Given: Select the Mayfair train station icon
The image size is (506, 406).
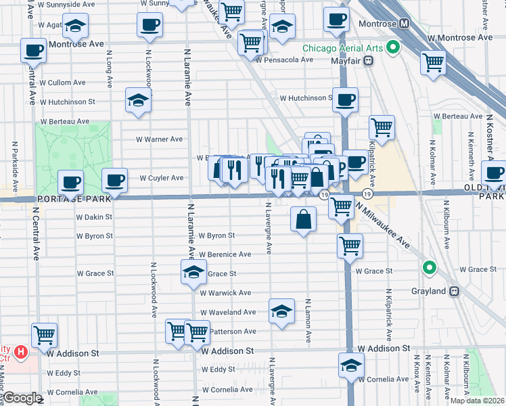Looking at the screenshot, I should (369, 60).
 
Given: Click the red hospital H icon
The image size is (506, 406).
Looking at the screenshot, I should (21, 352).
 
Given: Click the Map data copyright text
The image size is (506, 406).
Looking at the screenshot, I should (476, 401).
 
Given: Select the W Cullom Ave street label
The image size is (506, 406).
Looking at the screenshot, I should (62, 83).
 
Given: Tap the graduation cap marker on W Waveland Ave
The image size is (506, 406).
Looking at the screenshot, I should (281, 311).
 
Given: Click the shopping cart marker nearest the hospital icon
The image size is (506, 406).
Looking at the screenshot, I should (45, 334).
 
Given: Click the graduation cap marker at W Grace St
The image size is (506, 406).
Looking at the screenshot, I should (193, 273).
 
